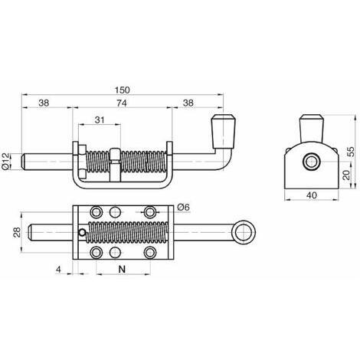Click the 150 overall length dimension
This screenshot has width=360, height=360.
tap(123, 90)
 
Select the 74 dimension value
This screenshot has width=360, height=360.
tap(122, 103)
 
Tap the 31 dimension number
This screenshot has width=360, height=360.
tap(100, 119)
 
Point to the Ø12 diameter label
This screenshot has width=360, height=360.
tap(5, 161)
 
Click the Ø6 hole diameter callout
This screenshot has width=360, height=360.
tap(184, 208)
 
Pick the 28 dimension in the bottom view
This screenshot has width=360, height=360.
tap(17, 232)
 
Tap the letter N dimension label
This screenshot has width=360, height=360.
tap(123, 269)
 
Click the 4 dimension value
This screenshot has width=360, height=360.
tap(59, 270)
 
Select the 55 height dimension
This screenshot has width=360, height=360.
tap(352, 152)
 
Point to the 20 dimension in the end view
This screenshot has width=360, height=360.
tap(346, 175)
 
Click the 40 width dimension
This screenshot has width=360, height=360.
tap(312, 195)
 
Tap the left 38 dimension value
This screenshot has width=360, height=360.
tap(44, 103)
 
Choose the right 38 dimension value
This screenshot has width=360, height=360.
tap(188, 103)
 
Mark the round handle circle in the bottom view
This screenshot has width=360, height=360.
tap(244, 232)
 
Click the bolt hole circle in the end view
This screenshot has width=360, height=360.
tap(311, 162)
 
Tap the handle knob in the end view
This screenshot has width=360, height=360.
tap(312, 128)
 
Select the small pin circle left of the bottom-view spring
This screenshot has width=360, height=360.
tap(82, 232)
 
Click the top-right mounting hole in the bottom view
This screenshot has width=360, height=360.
tap(150, 212)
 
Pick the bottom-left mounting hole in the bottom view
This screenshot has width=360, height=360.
tap(97, 253)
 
